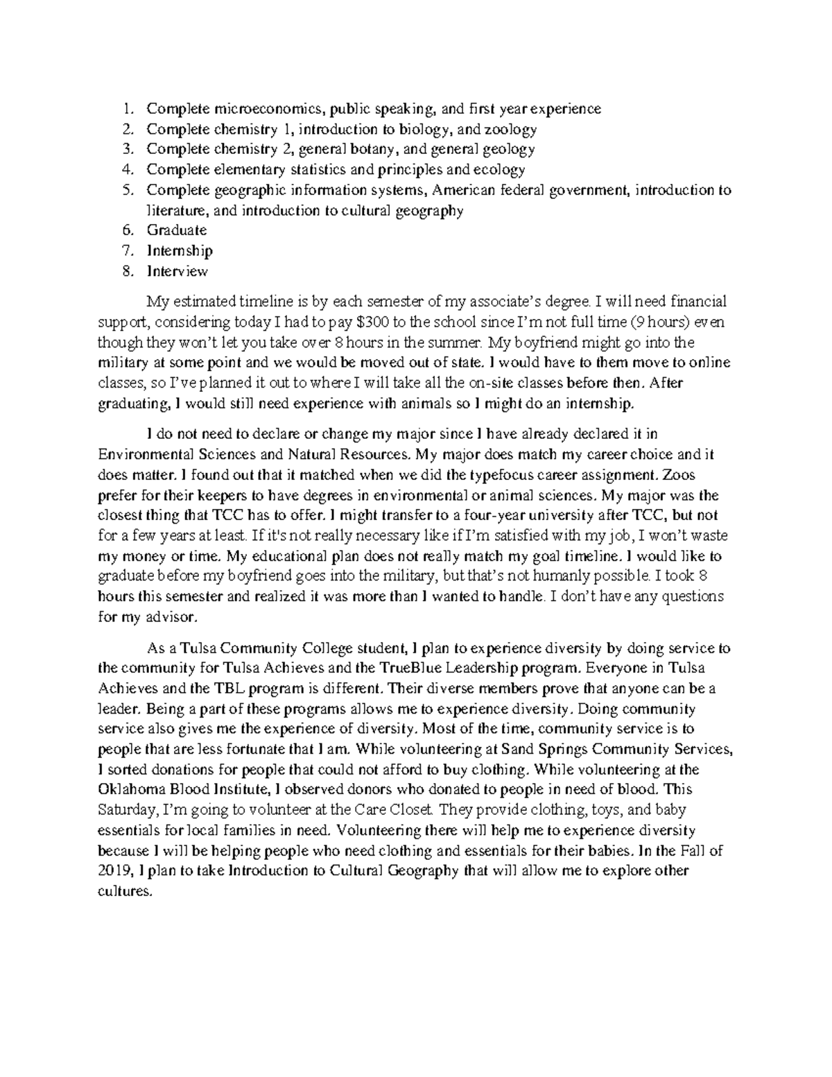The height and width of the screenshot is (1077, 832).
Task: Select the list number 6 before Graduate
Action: pyautogui.click(x=125, y=230)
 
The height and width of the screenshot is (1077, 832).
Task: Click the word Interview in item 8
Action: pyautogui.click(x=177, y=271)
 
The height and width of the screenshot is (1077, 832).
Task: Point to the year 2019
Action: pyautogui.click(x=116, y=871)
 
